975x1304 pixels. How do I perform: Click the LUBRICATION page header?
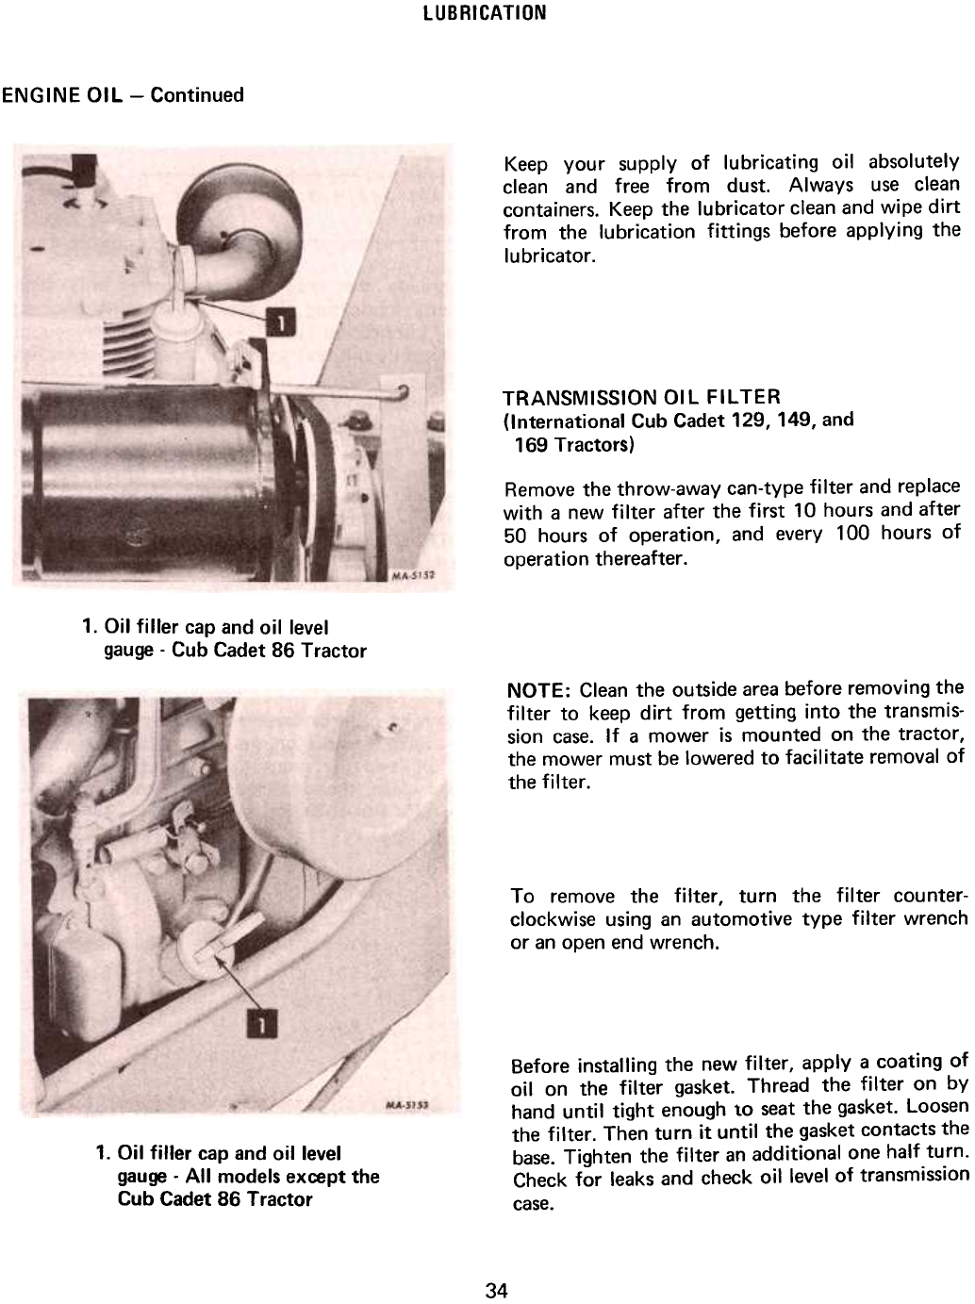coord(485,12)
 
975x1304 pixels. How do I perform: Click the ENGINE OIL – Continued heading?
coord(123,95)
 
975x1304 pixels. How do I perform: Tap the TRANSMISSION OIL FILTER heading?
coord(642,397)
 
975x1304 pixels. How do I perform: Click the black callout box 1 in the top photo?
coord(280,322)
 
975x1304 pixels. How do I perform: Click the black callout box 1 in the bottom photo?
coord(261,1024)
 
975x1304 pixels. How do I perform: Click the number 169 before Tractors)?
coord(531,444)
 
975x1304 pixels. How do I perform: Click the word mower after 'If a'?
coord(677,736)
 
